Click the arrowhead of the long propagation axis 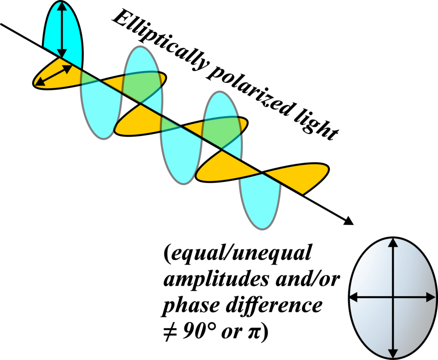tap(349, 221)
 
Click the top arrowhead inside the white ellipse tap(393, 244)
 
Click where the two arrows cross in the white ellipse tap(393, 297)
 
